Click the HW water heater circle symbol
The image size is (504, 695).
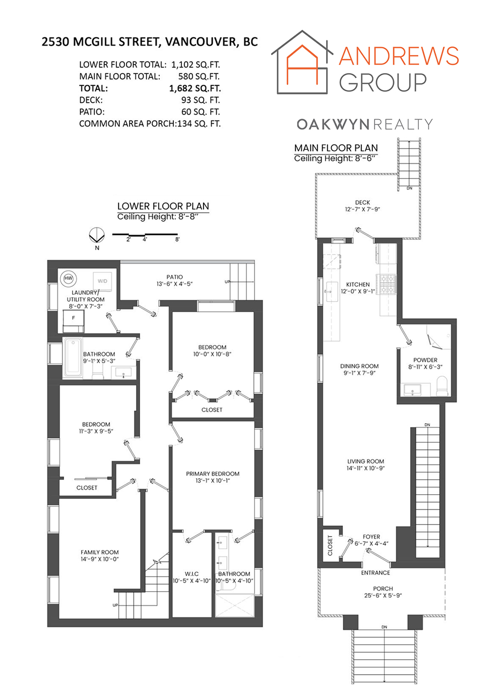(69, 278)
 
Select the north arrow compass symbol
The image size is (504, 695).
(97, 236)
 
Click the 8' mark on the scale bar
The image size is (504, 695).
(177, 240)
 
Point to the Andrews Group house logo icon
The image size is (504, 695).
(302, 62)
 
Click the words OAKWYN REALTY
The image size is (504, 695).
(364, 125)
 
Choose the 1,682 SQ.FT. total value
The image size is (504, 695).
(195, 88)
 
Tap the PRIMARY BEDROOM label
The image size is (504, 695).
(213, 474)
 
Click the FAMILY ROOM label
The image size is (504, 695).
(99, 552)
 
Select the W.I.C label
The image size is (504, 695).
(192, 574)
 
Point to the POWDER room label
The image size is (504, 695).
(425, 360)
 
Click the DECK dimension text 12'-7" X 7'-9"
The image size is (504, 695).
(362, 209)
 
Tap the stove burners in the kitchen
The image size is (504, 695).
(387, 284)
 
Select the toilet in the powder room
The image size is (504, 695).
(442, 386)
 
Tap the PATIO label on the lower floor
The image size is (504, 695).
(174, 277)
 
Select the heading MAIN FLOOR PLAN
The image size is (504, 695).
(336, 148)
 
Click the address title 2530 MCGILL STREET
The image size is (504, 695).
(101, 42)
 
